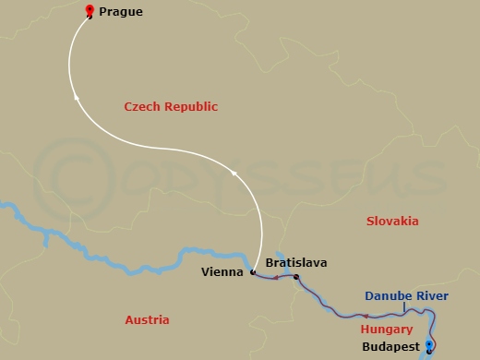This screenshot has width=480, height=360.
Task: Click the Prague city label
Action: coord(121,12)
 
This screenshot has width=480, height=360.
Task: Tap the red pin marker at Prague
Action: coord(89,11)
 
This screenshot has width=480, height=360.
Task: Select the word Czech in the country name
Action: coord(143,107)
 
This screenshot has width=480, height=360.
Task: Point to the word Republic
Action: coord(192,107)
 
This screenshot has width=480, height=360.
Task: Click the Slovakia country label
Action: coord(392,221)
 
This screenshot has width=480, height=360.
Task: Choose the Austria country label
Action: coord(147,319)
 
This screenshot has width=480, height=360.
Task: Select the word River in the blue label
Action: coord(432,296)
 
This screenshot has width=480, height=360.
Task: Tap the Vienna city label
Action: coord(222,272)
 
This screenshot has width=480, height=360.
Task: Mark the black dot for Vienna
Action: coord(252,272)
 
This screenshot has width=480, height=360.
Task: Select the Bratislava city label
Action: coord(295,262)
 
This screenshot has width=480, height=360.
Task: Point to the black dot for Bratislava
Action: coord(295,277)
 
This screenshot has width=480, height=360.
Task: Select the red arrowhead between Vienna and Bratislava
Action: coord(274,276)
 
